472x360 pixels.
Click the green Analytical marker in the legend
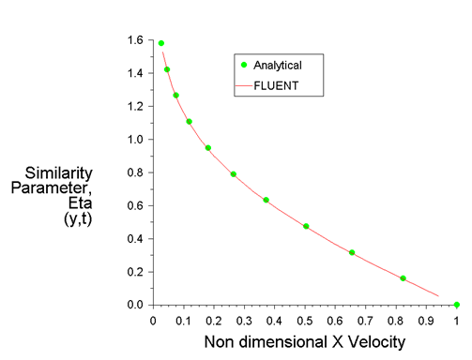point(245,65)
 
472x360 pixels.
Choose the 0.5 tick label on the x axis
point(305,320)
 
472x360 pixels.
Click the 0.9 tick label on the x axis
point(426,320)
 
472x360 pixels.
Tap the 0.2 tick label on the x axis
point(214,320)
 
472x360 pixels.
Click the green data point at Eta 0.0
point(457,305)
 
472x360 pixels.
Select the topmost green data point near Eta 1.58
point(161,43)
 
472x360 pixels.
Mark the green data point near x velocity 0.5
point(306,226)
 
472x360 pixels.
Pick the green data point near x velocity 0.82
point(403,278)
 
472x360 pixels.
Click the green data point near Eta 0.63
point(266,200)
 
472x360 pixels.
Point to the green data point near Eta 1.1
point(189,121)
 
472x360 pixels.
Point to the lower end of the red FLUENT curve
point(438,296)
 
